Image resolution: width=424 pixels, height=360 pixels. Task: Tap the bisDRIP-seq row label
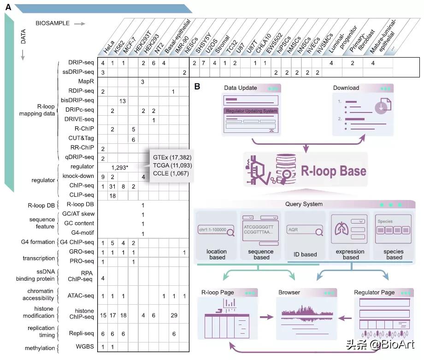pos(77,100)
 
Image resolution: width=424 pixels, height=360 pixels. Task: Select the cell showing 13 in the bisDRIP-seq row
pos(123,100)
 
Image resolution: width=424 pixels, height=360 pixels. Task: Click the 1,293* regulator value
pos(122,166)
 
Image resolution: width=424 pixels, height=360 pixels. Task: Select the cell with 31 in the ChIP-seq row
pos(112,186)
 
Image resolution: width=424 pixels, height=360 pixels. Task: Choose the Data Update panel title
pos(241,88)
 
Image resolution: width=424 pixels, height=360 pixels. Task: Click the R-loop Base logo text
pos(334,171)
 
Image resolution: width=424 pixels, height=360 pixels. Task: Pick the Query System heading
pos(305,204)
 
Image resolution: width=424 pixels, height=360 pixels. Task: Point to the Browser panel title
pos(289,292)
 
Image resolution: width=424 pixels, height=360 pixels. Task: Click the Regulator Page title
pos(374,292)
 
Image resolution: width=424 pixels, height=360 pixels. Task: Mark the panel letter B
pos(197,86)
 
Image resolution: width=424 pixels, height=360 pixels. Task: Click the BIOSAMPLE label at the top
pos(53,23)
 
